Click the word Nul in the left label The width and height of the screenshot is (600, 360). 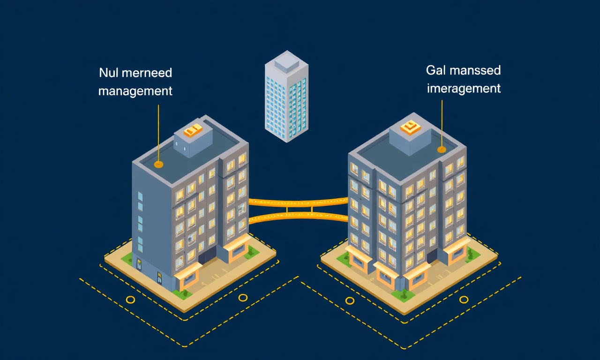[x=108, y=73]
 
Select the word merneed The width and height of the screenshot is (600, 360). [x=147, y=73]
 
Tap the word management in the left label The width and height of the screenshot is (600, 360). [x=135, y=91]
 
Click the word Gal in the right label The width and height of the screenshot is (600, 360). [x=435, y=70]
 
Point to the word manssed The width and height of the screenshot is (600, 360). [x=475, y=70]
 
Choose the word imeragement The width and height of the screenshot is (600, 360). [x=464, y=89]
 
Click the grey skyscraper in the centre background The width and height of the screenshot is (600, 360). [x=286, y=97]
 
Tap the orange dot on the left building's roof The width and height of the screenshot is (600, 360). [x=158, y=164]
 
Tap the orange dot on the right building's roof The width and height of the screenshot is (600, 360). [x=442, y=150]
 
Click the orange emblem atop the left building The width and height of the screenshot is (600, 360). [x=193, y=130]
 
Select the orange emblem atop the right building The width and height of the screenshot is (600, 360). [x=410, y=127]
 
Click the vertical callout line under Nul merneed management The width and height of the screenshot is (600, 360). [x=158, y=133]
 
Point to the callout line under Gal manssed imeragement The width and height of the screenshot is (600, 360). [x=442, y=123]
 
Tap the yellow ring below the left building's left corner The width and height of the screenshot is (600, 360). [x=130, y=300]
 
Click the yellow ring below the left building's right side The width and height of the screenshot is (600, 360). [x=243, y=297]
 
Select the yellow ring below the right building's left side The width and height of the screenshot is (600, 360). [x=350, y=300]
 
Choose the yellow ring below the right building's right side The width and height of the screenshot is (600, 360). [x=464, y=300]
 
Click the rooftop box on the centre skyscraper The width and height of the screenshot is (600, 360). [x=286, y=61]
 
